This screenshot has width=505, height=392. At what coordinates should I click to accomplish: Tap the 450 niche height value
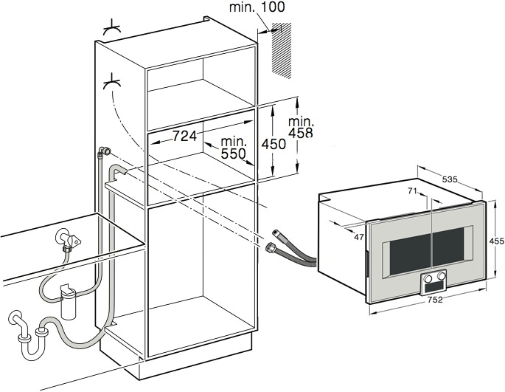[273, 145]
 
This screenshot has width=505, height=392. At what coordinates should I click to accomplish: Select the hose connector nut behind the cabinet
[104, 152]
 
